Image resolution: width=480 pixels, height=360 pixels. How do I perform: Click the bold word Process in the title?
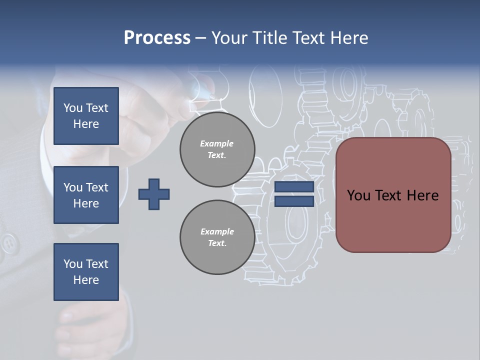(x=157, y=38)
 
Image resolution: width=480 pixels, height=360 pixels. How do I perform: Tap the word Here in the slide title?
(x=348, y=38)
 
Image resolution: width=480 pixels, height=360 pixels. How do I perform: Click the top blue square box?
(x=86, y=116)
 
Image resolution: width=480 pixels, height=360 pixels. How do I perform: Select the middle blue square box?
(x=86, y=195)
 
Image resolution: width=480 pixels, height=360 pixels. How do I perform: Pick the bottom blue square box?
(x=86, y=272)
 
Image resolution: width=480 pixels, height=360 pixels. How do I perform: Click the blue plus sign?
(x=154, y=194)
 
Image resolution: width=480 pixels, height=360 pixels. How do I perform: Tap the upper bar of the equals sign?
(x=294, y=187)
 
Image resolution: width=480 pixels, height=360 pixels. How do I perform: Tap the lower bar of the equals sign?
(x=294, y=201)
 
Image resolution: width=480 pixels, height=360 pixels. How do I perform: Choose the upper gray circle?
(x=217, y=149)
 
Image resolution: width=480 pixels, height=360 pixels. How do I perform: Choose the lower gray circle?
(x=217, y=237)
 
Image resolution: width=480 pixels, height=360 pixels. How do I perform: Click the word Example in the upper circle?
(x=217, y=143)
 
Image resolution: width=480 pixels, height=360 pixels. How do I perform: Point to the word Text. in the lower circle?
(x=217, y=243)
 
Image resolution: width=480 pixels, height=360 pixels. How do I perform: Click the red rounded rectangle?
(x=393, y=195)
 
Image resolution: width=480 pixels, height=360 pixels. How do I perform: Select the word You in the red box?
(x=358, y=195)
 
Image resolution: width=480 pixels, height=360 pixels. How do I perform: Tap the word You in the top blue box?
(x=73, y=108)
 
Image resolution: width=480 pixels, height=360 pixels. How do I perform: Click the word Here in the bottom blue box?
(x=86, y=280)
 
